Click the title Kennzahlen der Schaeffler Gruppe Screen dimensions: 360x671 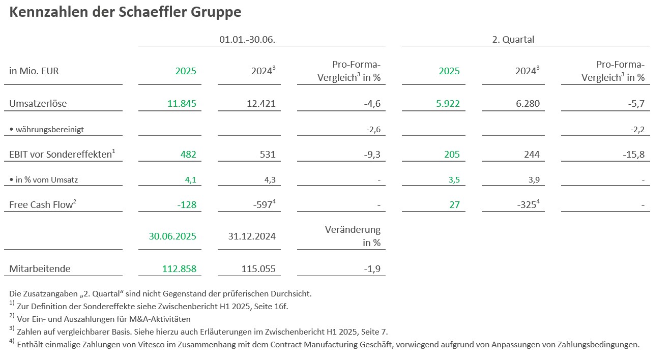125,13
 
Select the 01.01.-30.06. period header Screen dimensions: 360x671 247,39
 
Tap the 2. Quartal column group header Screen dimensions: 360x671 513,39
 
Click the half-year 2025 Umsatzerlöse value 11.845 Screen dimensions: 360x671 182,104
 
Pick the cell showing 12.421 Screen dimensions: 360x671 260,104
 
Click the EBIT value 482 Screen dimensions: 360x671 188,154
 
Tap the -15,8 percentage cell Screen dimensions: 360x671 633,154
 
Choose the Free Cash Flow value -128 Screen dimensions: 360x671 186,204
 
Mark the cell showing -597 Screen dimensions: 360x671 263,204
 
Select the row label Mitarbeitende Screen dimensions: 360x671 40,268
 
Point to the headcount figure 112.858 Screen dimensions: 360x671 179,268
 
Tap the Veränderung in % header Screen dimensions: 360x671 353,236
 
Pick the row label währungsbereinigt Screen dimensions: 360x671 49,129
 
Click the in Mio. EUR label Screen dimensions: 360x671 34,71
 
